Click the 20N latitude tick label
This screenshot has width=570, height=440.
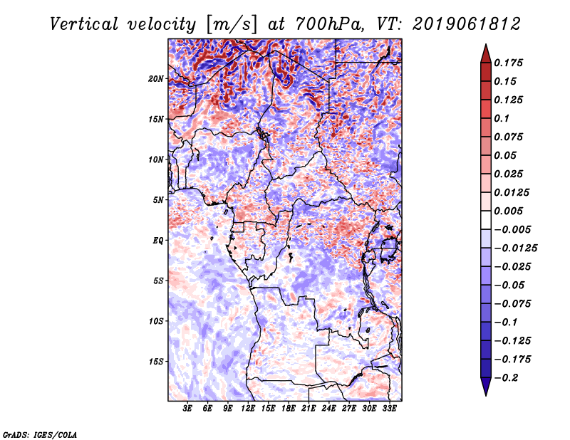point(156,78)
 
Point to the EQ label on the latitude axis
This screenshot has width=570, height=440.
point(158,241)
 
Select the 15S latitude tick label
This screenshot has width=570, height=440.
point(156,362)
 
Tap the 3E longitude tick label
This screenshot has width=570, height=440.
point(188,409)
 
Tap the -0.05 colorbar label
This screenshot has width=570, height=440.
point(512,285)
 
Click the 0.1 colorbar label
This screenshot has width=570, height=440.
point(502,118)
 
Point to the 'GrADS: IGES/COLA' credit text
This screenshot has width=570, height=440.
point(40,434)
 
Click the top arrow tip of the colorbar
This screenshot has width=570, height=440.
point(484,46)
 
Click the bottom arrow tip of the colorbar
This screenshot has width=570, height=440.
point(484,394)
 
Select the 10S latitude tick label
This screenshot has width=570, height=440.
point(156,321)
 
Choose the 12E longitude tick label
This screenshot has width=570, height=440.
point(249,409)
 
